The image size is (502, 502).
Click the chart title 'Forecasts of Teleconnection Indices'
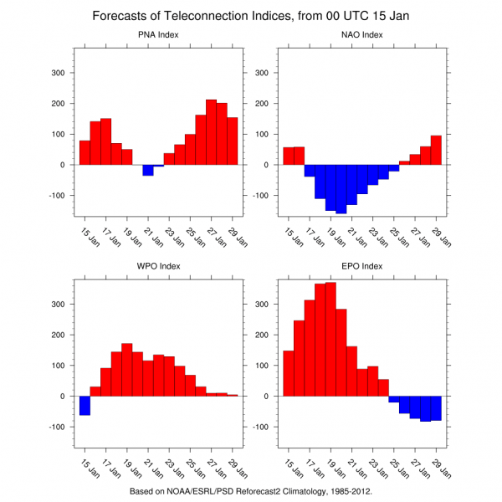pyautogui.click(x=251, y=16)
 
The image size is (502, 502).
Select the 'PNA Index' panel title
pyautogui.click(x=158, y=34)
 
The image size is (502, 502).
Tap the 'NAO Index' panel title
pyautogui.click(x=361, y=34)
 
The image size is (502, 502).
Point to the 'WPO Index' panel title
pyautogui.click(x=158, y=266)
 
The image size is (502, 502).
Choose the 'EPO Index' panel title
pyautogui.click(x=361, y=266)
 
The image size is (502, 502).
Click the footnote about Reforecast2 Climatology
pyautogui.click(x=251, y=491)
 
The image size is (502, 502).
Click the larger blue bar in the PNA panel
pyautogui.click(x=148, y=170)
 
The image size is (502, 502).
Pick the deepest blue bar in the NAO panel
pyautogui.click(x=341, y=189)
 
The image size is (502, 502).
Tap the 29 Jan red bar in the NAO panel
pyautogui.click(x=436, y=151)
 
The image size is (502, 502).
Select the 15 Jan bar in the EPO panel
pyautogui.click(x=289, y=373)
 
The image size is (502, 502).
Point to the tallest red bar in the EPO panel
pyautogui.click(x=330, y=339)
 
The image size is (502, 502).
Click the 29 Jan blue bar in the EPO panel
pyautogui.click(x=436, y=408)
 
